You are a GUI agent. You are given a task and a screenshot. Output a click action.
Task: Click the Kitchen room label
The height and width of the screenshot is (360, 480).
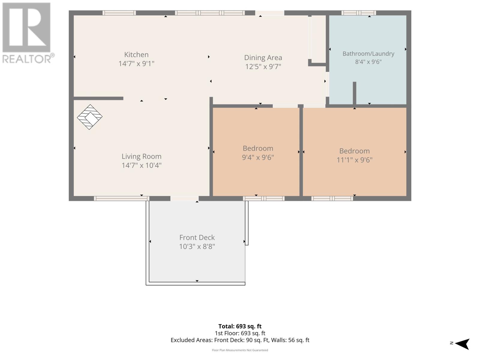136,55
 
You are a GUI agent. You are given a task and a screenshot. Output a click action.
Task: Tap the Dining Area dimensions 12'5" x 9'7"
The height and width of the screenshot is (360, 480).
263,66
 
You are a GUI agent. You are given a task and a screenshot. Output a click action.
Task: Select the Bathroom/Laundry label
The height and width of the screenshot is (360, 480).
368,54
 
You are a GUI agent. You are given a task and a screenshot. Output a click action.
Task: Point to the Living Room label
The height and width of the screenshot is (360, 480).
142,156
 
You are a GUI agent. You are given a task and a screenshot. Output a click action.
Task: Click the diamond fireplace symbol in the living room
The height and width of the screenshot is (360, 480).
90,117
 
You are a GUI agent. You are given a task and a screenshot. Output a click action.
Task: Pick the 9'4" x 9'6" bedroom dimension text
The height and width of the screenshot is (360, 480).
258,157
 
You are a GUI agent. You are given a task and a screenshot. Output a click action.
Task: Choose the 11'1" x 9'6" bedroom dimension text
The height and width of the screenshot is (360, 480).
354,160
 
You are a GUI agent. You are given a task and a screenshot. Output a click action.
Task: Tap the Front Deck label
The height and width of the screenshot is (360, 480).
197,238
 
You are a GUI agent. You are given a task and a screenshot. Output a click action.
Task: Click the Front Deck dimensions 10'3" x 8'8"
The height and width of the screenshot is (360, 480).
197,247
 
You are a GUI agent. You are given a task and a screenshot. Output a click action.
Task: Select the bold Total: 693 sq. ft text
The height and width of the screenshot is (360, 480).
240,326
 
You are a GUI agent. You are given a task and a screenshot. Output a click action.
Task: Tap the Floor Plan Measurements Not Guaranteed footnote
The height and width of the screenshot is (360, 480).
240,350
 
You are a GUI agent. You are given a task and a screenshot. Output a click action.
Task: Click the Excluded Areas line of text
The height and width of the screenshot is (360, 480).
240,340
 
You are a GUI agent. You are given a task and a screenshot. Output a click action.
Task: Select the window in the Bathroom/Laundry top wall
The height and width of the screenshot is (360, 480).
358,13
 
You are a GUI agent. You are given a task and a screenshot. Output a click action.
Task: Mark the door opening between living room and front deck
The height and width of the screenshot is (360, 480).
184,199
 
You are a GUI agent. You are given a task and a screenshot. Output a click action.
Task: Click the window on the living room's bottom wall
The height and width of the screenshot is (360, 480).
121,199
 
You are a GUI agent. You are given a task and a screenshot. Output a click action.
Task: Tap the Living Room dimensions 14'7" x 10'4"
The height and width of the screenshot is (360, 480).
142,165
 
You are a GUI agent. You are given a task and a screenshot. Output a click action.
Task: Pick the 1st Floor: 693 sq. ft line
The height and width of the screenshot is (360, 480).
240,333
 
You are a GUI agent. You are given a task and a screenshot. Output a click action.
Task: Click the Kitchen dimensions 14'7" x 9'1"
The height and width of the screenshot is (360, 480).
136,64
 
